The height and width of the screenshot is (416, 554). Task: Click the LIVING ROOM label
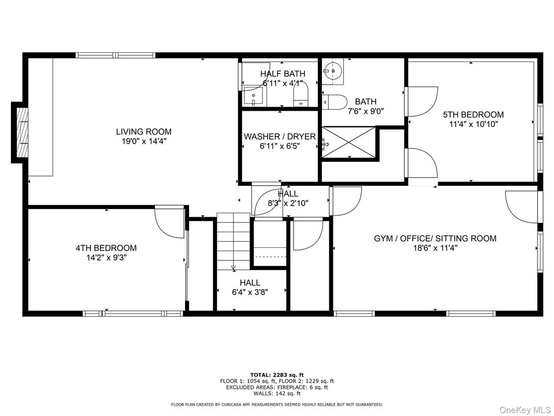click(144, 131)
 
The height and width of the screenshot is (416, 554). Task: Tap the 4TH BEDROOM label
click(106, 248)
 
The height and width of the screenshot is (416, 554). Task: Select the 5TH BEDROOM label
click(473, 115)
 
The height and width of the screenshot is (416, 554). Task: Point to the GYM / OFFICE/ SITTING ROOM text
click(435, 239)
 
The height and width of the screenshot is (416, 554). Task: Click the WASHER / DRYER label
click(280, 137)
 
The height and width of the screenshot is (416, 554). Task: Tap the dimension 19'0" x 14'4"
click(144, 141)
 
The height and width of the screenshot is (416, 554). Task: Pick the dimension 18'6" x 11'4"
click(435, 248)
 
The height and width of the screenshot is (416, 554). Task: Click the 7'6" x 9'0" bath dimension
click(366, 111)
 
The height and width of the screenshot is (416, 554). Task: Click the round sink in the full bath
click(332, 71)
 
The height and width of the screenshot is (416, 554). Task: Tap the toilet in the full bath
click(334, 102)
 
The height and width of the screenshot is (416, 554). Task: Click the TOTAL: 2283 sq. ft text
click(277, 375)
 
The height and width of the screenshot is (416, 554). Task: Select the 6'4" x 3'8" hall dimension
click(250, 292)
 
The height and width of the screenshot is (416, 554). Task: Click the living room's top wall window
click(116, 55)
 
